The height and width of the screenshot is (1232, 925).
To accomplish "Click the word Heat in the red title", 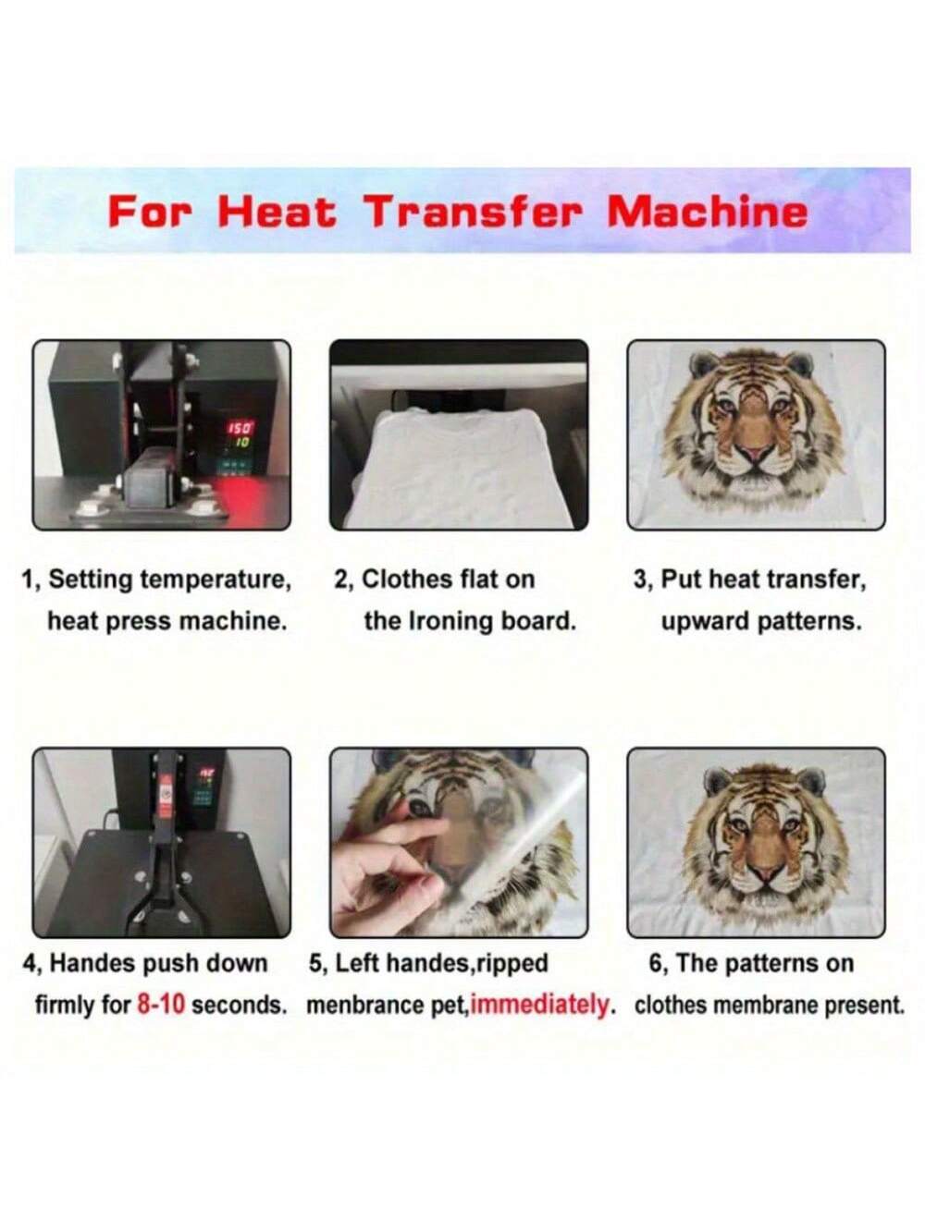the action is [277, 213].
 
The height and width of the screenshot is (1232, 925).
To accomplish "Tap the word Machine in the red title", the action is [708, 213].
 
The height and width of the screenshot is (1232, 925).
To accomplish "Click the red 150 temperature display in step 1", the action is [240, 429].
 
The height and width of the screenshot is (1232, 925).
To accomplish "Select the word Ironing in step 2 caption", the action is [451, 621].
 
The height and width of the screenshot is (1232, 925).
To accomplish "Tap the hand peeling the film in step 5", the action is [388, 863].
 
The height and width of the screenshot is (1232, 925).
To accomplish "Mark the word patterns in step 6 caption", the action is [770, 964].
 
